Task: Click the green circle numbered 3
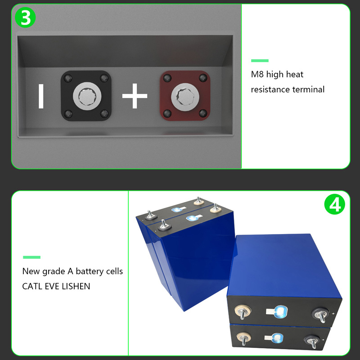point(25,18)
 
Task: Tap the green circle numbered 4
point(334,204)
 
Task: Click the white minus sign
point(41,96)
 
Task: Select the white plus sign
point(135,96)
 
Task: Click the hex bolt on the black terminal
point(87,96)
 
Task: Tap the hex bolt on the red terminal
point(185,97)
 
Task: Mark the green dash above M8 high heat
point(260,61)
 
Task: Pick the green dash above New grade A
point(31,257)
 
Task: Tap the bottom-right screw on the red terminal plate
point(203,113)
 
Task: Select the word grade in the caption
point(54,272)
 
